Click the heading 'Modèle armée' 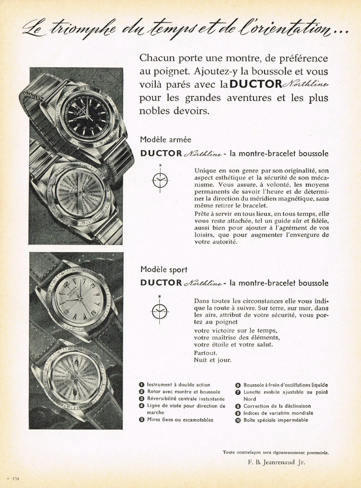(x=165, y=140)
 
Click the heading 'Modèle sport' (x=164, y=269)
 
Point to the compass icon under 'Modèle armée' (x=160, y=179)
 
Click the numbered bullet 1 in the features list (x=142, y=385)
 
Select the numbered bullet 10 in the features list (x=238, y=420)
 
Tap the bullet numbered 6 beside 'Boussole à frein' (x=238, y=385)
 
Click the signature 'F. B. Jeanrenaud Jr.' (x=273, y=462)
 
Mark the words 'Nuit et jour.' (x=213, y=360)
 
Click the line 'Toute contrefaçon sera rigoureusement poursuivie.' (x=276, y=452)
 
